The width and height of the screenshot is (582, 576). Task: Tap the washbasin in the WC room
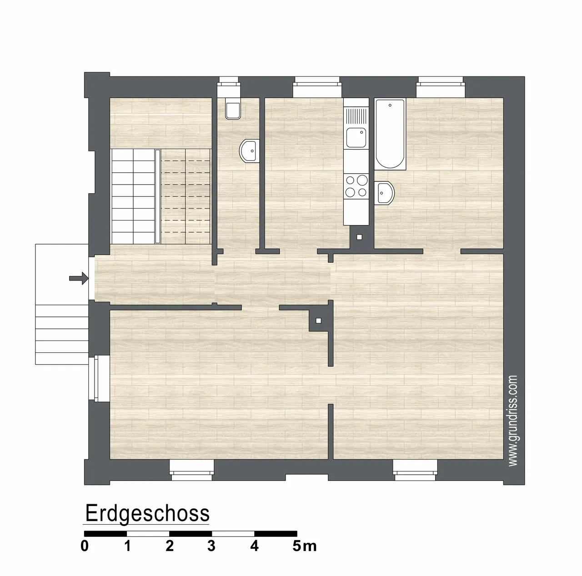[x=249, y=151]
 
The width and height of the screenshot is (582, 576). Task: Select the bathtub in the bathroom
[x=390, y=134]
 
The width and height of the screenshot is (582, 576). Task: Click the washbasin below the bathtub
[x=385, y=193]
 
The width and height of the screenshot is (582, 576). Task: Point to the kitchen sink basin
[x=356, y=137]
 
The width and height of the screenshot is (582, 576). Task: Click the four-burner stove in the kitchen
[x=356, y=186]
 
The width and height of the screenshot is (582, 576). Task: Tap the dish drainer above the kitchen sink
[x=356, y=116]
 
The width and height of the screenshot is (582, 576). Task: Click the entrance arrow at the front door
[x=79, y=278]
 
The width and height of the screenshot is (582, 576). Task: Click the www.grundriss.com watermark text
[x=513, y=421]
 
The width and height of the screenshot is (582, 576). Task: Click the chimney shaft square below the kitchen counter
[x=359, y=237]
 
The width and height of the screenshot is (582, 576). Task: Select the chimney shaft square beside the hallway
[x=318, y=321]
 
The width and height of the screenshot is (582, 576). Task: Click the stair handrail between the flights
[x=158, y=196]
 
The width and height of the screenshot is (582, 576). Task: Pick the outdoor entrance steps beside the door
[x=62, y=334]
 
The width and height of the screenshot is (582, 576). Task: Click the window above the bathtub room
[x=440, y=87]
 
